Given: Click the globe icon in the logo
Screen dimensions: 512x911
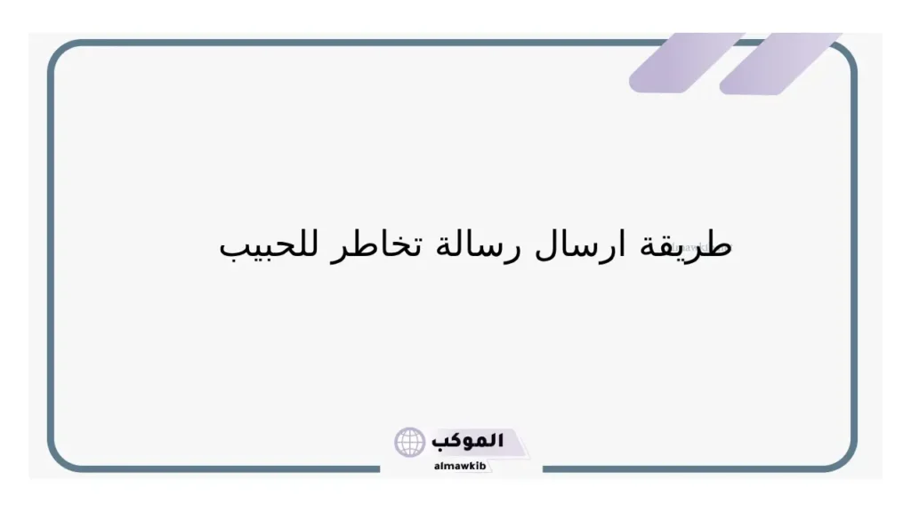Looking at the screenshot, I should (x=410, y=442).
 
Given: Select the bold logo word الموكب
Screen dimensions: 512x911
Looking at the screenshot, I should (x=468, y=441).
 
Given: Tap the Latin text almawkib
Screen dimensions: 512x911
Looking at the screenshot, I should (x=461, y=466).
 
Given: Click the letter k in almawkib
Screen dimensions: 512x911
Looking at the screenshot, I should (x=475, y=466).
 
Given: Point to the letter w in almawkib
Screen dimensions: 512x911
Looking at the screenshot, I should (x=465, y=466).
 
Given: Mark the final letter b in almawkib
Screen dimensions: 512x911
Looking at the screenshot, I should (x=485, y=466).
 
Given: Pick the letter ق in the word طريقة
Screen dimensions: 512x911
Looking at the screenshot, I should (x=670, y=246).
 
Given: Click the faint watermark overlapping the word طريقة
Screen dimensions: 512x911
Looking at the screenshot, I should (x=694, y=238).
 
